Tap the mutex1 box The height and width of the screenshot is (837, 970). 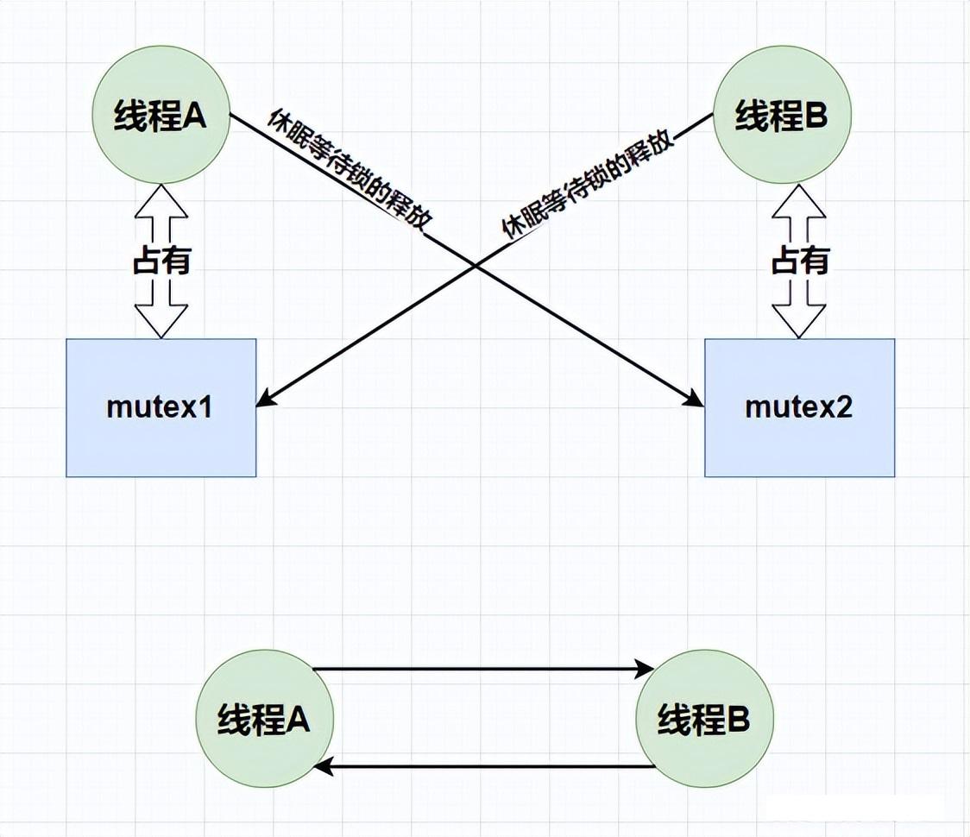click(x=161, y=407)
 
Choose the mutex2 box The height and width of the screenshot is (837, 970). click(x=799, y=407)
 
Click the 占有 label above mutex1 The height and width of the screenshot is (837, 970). click(x=161, y=260)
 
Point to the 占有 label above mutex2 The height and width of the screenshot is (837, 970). click(x=799, y=260)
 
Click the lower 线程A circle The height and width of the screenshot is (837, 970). click(x=264, y=719)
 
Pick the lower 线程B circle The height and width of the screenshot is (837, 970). click(x=704, y=719)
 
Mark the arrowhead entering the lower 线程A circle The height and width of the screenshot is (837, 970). click(x=323, y=766)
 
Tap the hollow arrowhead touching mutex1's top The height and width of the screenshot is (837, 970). click(x=161, y=324)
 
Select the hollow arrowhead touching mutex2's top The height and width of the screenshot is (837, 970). click(x=799, y=324)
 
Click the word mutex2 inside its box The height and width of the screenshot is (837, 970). click(x=799, y=407)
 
